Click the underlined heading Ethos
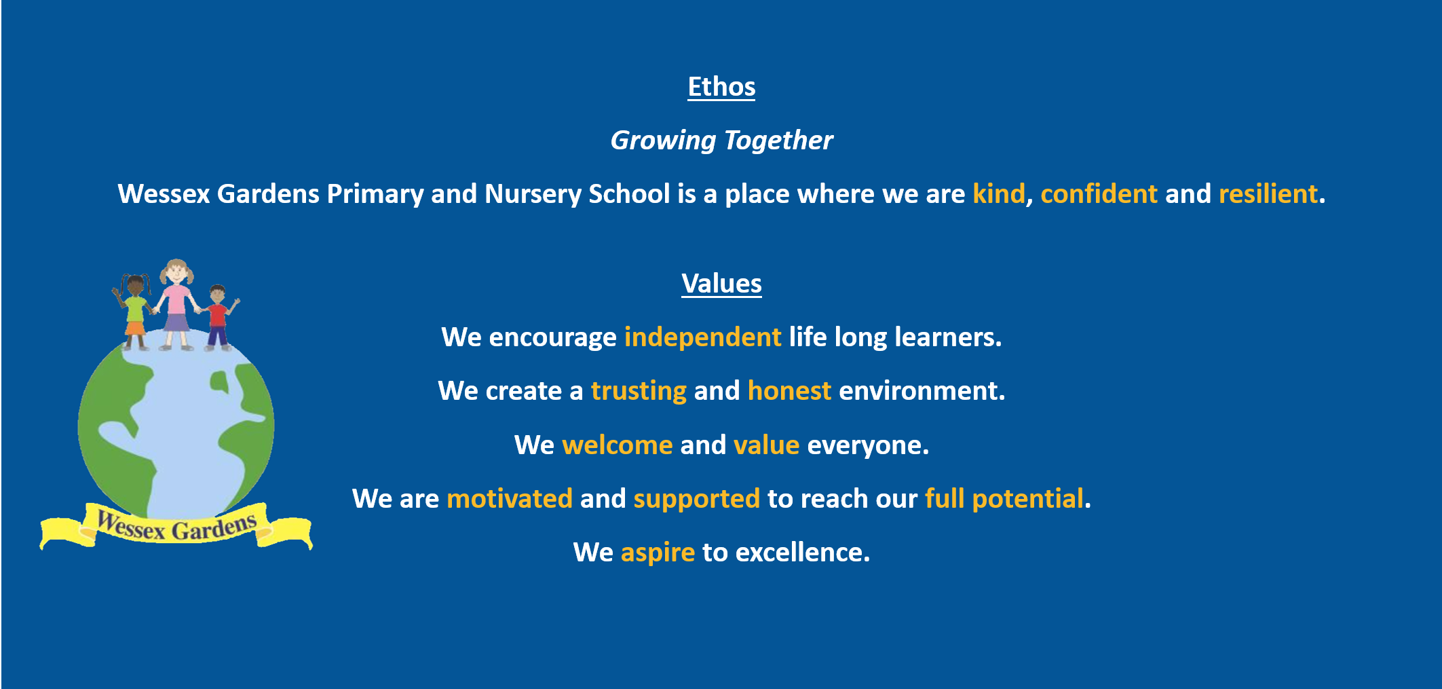coord(721,87)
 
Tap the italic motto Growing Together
coord(721,141)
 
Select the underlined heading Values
coord(721,284)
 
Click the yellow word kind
coord(998,194)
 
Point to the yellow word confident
coord(1099,194)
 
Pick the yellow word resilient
coord(1268,194)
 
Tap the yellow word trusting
coord(639,392)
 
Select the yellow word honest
coord(789,392)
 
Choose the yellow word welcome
coord(617,445)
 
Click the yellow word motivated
coord(510,499)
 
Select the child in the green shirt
coord(134,312)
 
